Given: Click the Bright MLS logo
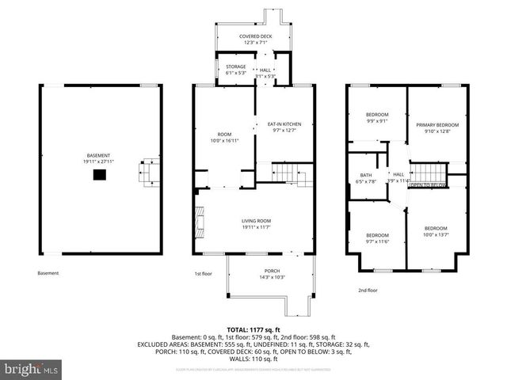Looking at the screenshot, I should pyautogui.click(x=32, y=369).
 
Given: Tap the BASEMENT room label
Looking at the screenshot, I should pyautogui.click(x=99, y=158).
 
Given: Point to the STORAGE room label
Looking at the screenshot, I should pyautogui.click(x=235, y=70).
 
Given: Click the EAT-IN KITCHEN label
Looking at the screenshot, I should pyautogui.click(x=284, y=127).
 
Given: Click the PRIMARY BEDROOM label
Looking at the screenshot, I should pyautogui.click(x=437, y=128).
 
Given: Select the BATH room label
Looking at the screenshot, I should pyautogui.click(x=365, y=178).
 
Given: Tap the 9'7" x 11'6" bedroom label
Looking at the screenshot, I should pyautogui.click(x=377, y=238).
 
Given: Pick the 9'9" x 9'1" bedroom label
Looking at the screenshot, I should pyautogui.click(x=377, y=119).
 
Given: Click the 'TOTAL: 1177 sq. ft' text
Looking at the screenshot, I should pyautogui.click(x=253, y=329).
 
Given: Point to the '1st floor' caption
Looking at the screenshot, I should pyautogui.click(x=204, y=274).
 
